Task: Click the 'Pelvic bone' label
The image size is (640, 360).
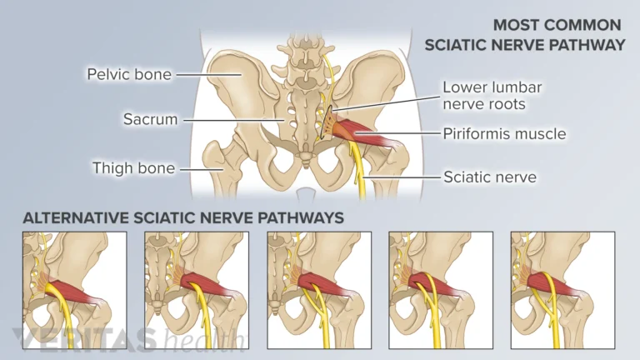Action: [129, 74]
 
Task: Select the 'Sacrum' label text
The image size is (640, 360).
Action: [151, 119]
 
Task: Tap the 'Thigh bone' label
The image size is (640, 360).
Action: [133, 168]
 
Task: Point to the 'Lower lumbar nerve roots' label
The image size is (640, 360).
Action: [492, 95]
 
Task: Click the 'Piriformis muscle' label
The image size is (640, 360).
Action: [504, 133]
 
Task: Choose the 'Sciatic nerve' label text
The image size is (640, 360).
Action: [489, 177]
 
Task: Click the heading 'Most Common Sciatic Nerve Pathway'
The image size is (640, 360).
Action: [524, 35]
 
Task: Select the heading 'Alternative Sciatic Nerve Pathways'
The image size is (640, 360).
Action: [182, 217]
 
